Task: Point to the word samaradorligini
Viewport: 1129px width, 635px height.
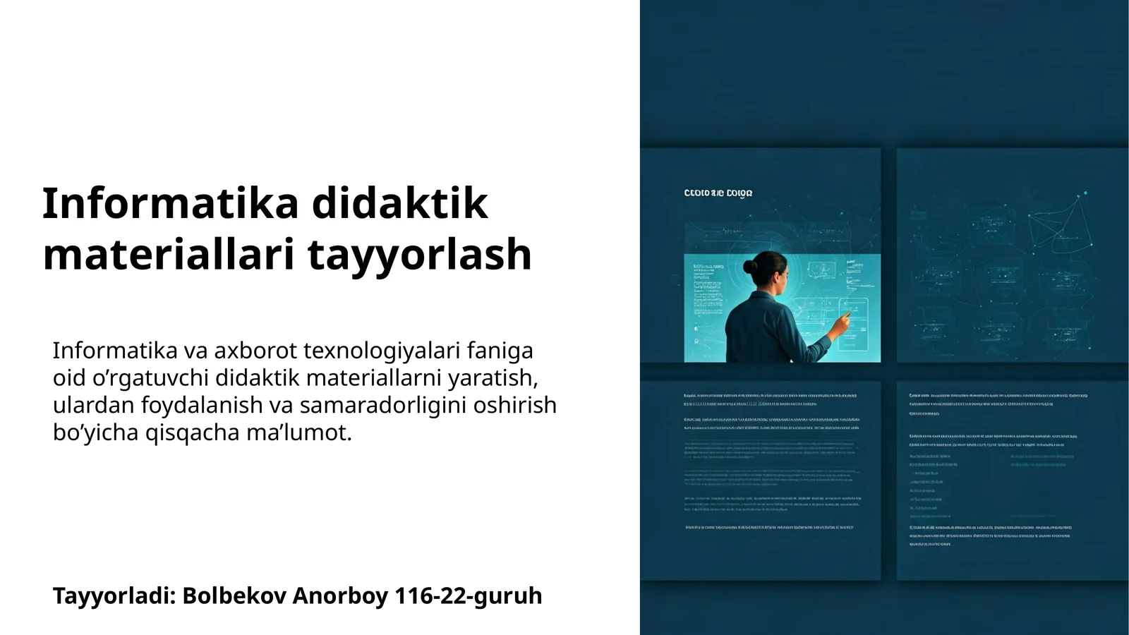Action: coord(385,406)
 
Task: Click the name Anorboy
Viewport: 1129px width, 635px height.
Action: coord(340,596)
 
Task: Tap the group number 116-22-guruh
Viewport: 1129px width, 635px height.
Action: coord(469,596)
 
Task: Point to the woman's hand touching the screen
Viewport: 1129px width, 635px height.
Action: coord(841,322)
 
